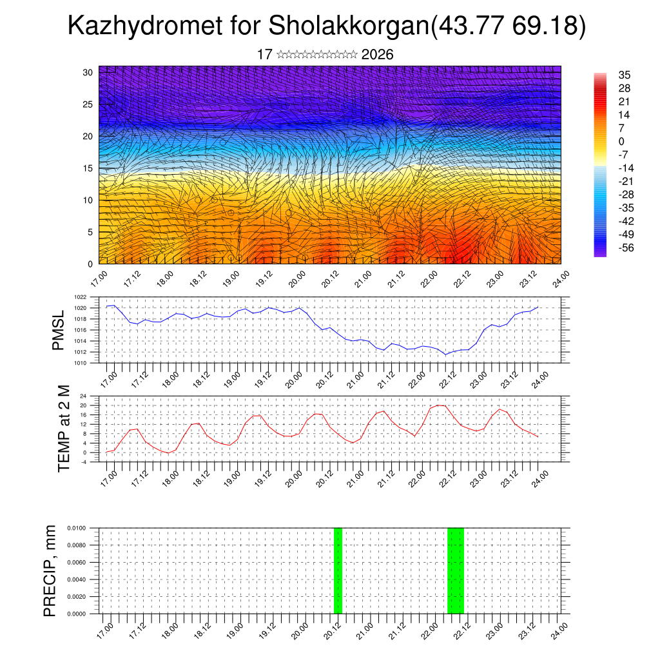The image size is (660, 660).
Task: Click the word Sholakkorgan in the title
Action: coord(347,26)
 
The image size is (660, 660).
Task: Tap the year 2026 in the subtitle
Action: coord(377,55)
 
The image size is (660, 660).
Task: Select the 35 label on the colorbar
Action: coord(624,75)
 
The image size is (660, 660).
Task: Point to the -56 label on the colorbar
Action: coord(625,247)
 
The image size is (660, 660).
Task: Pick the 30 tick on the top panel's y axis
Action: coord(88,72)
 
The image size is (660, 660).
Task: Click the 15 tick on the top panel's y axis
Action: coord(88,168)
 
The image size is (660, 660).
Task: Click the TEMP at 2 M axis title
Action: coord(64,428)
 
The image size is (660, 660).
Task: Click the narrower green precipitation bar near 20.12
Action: coord(338,570)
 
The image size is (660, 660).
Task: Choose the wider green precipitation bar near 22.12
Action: coord(455,570)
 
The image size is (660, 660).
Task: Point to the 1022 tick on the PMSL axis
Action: coord(80,297)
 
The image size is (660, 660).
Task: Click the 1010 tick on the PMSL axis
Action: coord(80,363)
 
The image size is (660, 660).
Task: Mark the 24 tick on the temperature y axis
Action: coord(83,396)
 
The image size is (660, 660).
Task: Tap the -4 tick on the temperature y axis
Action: coord(83,462)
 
